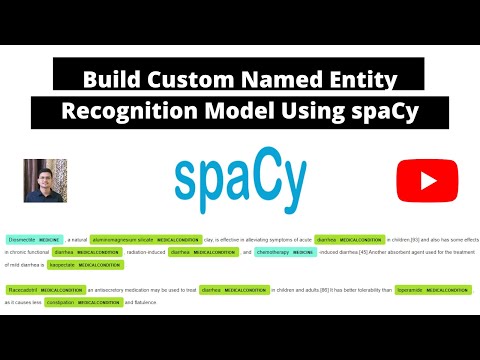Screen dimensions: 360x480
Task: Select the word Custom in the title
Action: coord(188,78)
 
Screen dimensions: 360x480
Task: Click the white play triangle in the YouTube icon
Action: coord(420,181)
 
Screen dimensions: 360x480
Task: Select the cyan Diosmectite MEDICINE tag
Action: coord(34,240)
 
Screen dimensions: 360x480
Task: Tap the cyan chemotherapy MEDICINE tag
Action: coord(286,252)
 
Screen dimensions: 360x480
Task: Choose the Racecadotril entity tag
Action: coord(44,290)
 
